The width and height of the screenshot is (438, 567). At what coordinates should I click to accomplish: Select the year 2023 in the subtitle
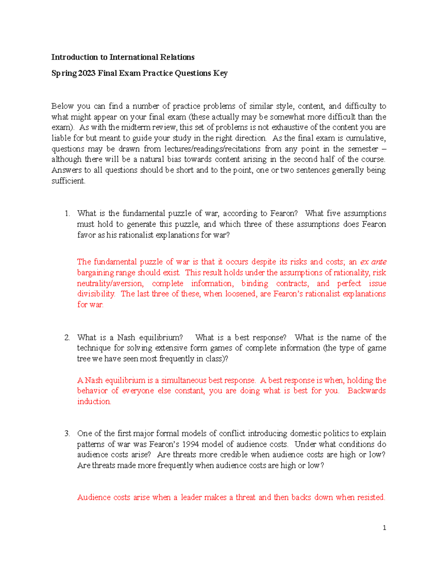tap(87, 73)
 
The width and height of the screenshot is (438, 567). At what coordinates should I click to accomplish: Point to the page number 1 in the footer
tap(384, 528)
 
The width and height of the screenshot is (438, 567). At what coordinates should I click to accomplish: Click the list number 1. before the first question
tap(67, 214)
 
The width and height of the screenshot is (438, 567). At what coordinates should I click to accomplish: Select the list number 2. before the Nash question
tap(67, 338)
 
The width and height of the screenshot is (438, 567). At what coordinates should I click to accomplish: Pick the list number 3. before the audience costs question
tap(67, 434)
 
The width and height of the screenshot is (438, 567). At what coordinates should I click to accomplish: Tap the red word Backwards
tap(366, 391)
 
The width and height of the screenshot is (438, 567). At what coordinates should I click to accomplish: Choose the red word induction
tap(94, 402)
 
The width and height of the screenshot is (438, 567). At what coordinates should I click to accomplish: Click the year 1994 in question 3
tap(191, 444)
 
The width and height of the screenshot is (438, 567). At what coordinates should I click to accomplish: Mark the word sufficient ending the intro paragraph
tap(68, 181)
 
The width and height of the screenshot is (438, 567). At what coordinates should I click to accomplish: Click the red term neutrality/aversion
tap(110, 283)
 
